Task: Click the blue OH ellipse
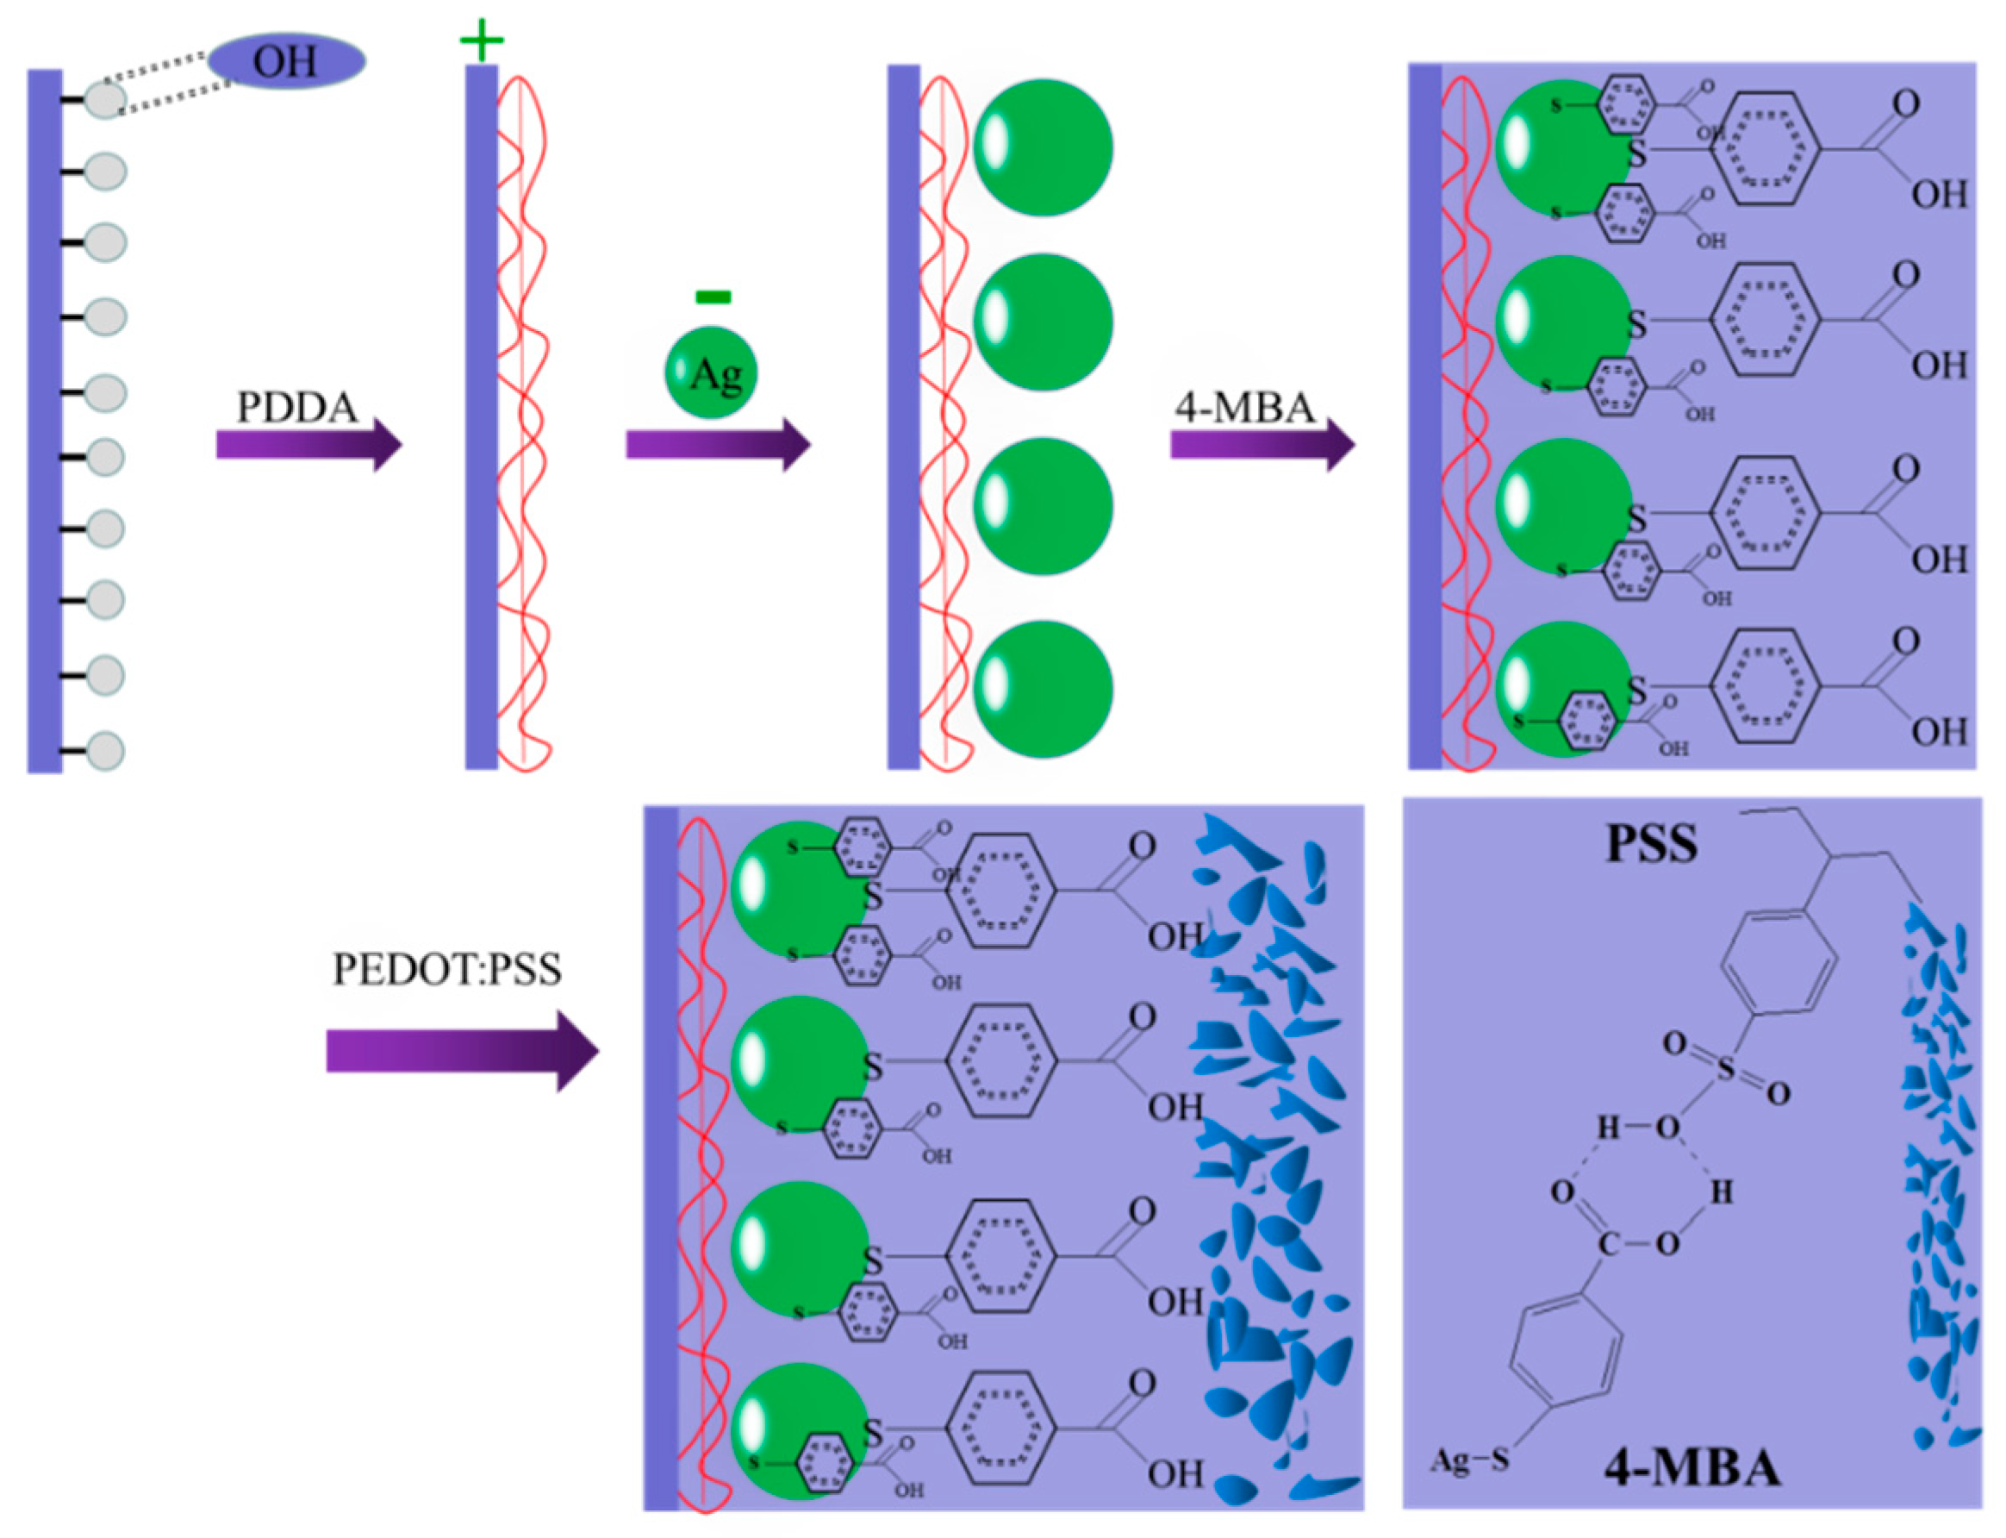pyautogui.click(x=286, y=61)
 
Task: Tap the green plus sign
pyautogui.click(x=482, y=41)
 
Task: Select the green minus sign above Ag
pyautogui.click(x=713, y=296)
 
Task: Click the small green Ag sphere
pyautogui.click(x=711, y=372)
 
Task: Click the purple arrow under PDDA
pyautogui.click(x=308, y=445)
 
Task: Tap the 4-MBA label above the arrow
pyautogui.click(x=1244, y=408)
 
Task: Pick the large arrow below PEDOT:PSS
pyautogui.click(x=462, y=1051)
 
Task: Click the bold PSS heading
pyautogui.click(x=1652, y=844)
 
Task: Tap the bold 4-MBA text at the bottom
pyautogui.click(x=1692, y=1468)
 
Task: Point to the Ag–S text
pyautogui.click(x=1470, y=1460)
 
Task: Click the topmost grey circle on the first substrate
pyautogui.click(x=105, y=99)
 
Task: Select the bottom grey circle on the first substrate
pyautogui.click(x=105, y=751)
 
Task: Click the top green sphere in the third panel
pyautogui.click(x=1043, y=147)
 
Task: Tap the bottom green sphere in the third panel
pyautogui.click(x=1043, y=690)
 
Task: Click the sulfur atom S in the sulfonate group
pyautogui.click(x=1726, y=1068)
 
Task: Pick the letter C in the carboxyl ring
pyautogui.click(x=1608, y=1244)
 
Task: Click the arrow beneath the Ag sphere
pyautogui.click(x=719, y=445)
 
